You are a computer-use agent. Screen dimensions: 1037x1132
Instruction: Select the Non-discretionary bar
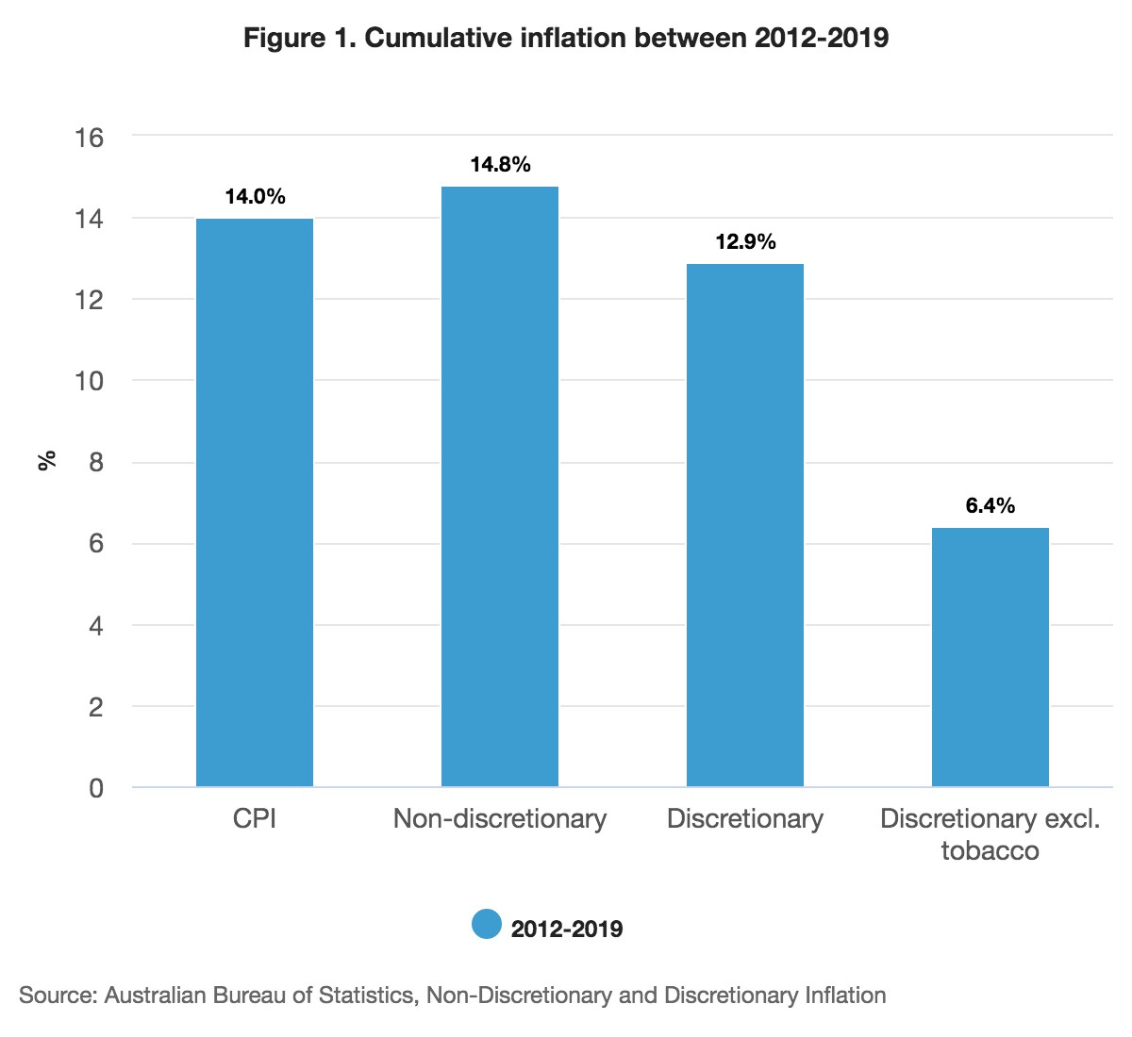pos(500,486)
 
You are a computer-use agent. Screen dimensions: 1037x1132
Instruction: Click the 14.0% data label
pos(255,197)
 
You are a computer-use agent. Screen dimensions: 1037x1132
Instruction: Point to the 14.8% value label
pos(500,165)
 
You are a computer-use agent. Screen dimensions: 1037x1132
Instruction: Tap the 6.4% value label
pos(990,506)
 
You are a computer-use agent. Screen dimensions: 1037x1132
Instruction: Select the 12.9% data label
pos(745,242)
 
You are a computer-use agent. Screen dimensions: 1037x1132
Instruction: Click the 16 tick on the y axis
pos(89,138)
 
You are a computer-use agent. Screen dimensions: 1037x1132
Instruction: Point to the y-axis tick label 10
pos(89,382)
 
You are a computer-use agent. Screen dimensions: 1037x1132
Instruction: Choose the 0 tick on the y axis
pos(95,788)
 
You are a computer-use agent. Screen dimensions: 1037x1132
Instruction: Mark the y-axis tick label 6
pos(95,545)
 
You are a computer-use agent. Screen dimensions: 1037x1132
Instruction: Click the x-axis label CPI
pos(255,818)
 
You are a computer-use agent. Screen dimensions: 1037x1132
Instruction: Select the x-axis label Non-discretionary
pos(500,818)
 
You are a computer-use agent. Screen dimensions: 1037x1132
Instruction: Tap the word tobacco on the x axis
pos(990,850)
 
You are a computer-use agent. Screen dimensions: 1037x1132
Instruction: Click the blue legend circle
pos(487,925)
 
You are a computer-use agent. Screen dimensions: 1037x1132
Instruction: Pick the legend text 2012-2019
pos(567,929)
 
